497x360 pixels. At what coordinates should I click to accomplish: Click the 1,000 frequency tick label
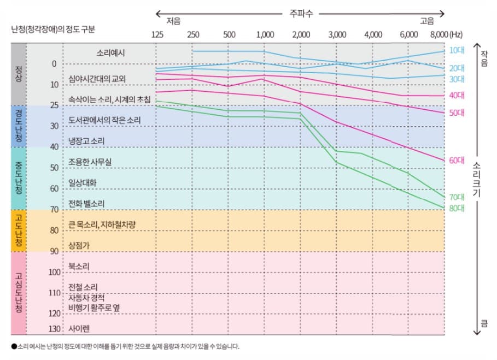(x=265, y=35)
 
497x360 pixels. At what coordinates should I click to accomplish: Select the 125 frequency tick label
(x=157, y=35)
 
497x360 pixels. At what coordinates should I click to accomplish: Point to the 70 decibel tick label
(x=54, y=210)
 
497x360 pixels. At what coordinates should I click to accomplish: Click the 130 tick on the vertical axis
(x=54, y=329)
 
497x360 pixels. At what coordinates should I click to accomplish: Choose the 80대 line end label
(x=457, y=208)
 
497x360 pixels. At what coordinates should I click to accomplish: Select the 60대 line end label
(x=457, y=161)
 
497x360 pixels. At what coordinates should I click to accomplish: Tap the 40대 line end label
(x=457, y=95)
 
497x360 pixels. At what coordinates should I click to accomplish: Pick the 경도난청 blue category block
(x=19, y=126)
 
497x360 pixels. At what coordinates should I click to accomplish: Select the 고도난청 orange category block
(x=19, y=231)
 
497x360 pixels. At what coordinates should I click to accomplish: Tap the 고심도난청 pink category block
(x=19, y=293)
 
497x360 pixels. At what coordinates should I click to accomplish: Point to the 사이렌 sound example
(x=79, y=329)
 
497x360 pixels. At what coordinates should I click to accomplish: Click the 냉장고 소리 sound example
(x=86, y=141)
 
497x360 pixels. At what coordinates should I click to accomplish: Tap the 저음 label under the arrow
(x=173, y=21)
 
